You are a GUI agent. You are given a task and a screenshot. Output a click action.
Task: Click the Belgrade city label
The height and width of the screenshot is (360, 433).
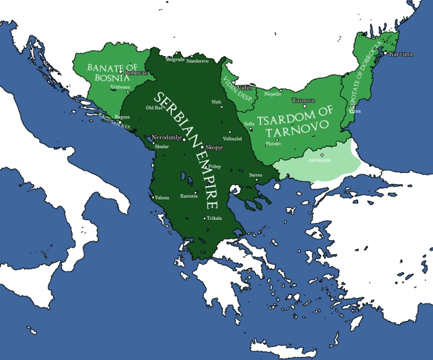175,60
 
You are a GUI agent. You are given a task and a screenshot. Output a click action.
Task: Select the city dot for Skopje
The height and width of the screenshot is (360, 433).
203,147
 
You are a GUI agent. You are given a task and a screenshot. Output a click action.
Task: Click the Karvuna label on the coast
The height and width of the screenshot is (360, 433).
401,54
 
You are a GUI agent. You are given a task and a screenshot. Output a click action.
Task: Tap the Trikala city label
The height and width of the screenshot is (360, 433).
215,218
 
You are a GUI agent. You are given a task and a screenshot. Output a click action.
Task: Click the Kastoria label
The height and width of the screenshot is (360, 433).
189,197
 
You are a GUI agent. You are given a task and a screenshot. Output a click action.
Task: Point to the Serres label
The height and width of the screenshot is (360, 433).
256,174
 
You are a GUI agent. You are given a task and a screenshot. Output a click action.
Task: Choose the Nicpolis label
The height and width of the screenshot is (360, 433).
273,94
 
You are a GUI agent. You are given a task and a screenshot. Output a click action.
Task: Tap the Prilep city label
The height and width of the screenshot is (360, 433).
215,166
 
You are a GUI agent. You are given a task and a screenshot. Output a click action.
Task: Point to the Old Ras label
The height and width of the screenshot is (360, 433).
155,108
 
